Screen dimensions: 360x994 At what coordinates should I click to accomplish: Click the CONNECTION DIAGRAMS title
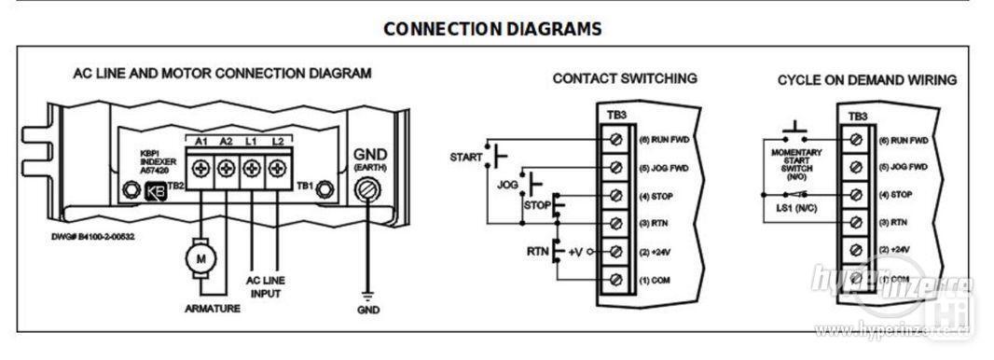pyautogui.click(x=492, y=29)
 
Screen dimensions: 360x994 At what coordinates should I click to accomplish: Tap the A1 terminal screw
pyautogui.click(x=200, y=170)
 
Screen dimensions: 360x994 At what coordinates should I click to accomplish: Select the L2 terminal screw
pyautogui.click(x=276, y=170)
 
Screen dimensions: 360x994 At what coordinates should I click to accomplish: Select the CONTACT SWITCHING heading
pyautogui.click(x=624, y=78)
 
